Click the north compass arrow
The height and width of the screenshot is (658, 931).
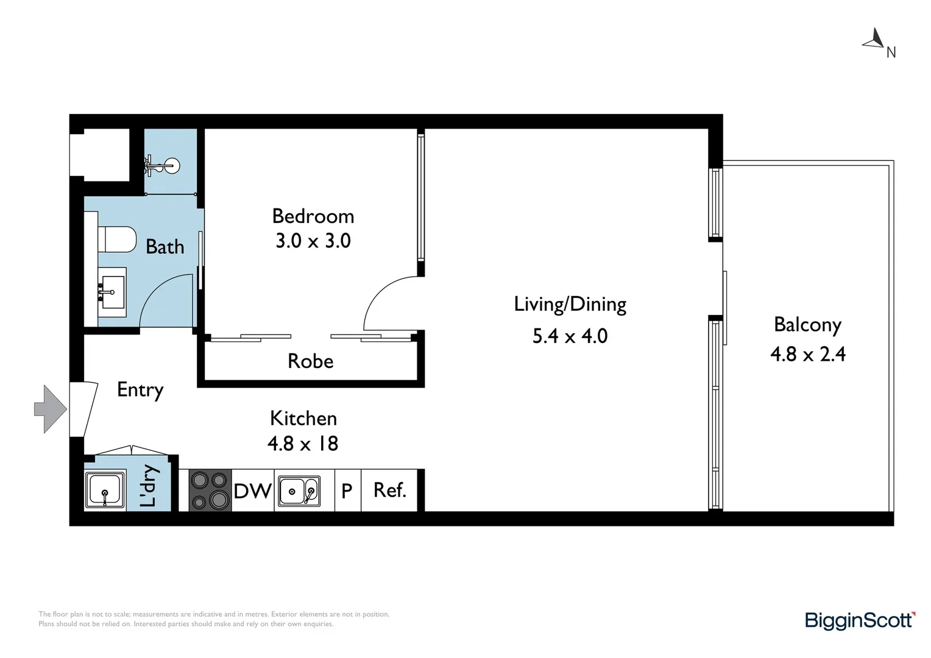tap(874, 39)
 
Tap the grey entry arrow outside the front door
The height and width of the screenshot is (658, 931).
tap(49, 409)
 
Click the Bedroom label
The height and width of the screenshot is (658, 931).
tap(313, 216)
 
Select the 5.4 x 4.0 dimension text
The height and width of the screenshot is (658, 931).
tap(570, 336)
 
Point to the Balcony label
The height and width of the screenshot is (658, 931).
tap(807, 325)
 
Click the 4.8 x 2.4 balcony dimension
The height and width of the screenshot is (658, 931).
tap(807, 354)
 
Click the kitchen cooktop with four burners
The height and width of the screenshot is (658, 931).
tap(210, 490)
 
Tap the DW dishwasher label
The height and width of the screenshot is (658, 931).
tap(252, 491)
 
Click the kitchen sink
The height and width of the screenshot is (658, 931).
tap(299, 491)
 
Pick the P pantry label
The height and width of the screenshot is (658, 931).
tap(347, 491)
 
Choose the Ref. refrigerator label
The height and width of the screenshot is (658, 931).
tap(389, 490)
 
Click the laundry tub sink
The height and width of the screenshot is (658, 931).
tap(105, 490)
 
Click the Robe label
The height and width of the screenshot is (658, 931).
tap(310, 361)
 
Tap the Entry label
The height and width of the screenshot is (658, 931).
tap(140, 390)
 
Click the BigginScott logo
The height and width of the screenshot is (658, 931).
tap(860, 620)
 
